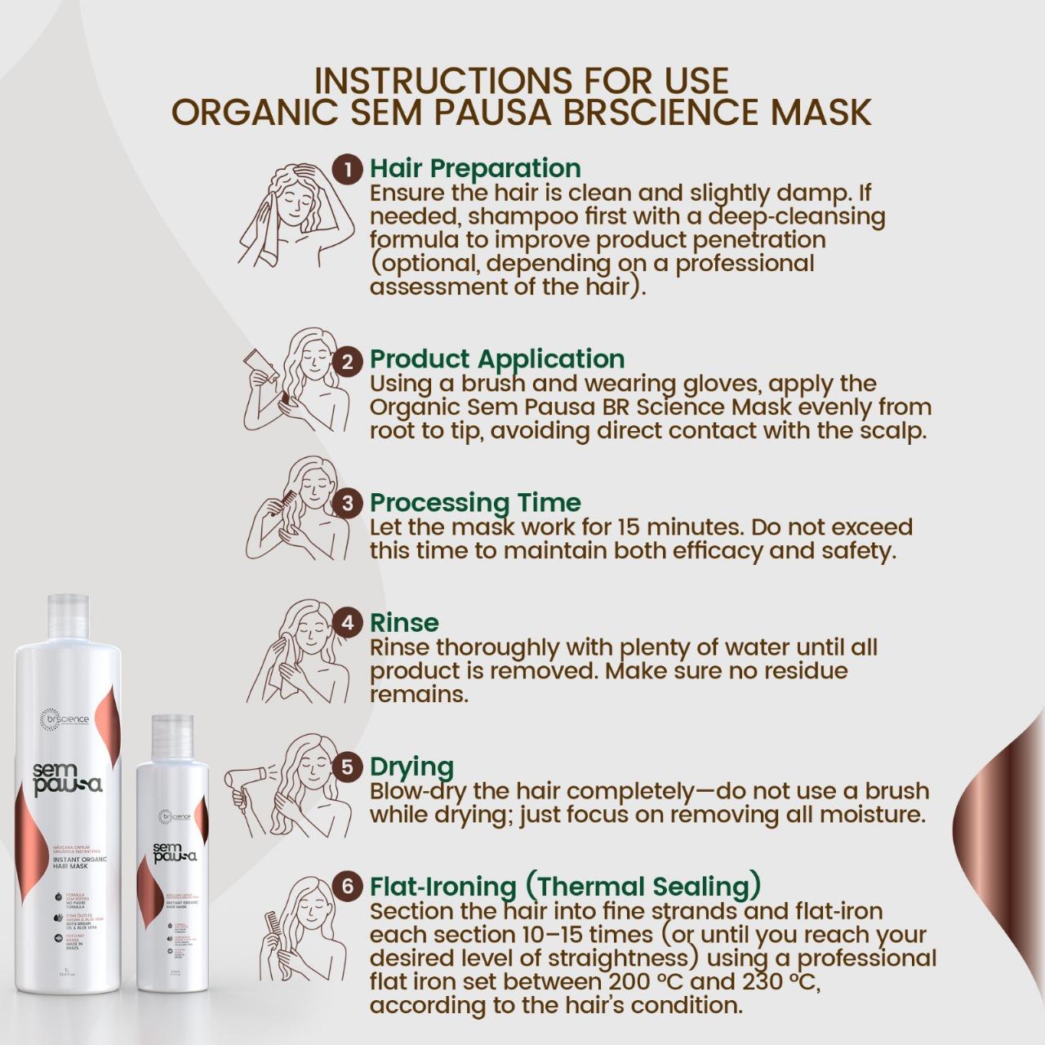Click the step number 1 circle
click(348, 169)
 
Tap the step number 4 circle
click(348, 623)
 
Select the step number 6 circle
click(348, 887)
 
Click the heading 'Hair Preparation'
click(475, 168)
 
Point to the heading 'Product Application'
click(497, 359)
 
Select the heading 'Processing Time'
click(475, 503)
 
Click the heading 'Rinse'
click(404, 623)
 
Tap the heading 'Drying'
click(411, 767)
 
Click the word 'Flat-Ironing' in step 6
click(442, 887)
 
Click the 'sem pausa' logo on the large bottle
click(68, 777)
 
